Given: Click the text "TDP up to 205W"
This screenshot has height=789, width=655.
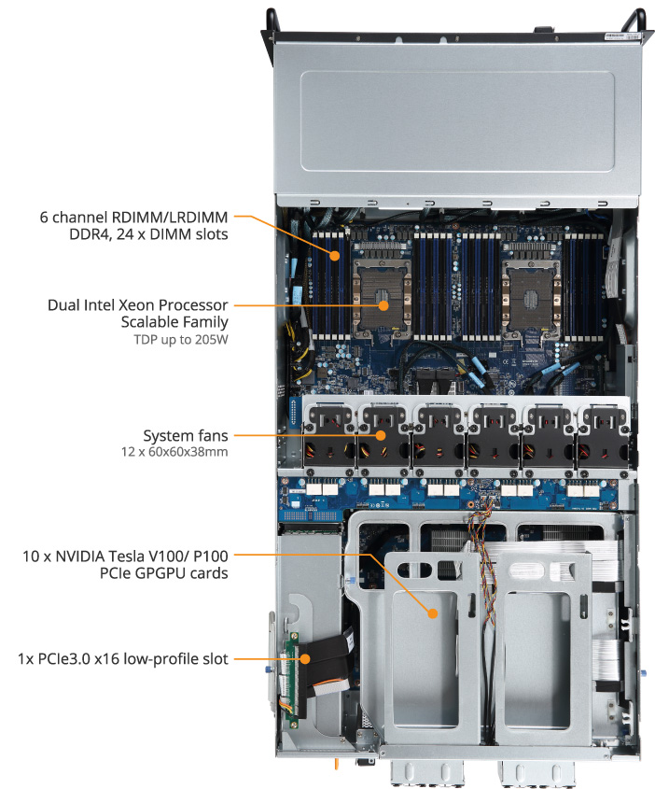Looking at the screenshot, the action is tap(181, 340).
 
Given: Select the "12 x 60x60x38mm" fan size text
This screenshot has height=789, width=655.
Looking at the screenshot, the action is tap(174, 451).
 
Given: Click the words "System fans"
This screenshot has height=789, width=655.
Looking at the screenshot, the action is tap(186, 435).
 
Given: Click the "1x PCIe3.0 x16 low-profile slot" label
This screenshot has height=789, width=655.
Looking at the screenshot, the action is tap(123, 658).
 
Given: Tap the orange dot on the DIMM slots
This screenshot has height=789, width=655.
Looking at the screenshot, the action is tap(335, 256).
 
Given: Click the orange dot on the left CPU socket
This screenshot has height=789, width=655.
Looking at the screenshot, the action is tap(383, 305).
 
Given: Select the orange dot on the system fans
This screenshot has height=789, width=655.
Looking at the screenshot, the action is tap(381, 435).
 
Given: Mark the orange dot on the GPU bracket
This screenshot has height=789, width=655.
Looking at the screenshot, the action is tap(433, 613).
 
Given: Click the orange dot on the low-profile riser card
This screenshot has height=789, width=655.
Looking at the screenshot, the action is tap(304, 658).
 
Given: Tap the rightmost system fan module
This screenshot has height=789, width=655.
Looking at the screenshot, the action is tap(603, 436).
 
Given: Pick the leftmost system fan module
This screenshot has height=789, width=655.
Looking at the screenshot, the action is tap(329, 436).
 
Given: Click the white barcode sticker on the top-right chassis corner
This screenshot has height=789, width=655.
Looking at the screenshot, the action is tap(621, 36).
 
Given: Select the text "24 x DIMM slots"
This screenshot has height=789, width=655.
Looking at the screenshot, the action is tap(172, 234).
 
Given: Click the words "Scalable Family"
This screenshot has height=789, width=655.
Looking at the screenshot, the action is tap(174, 322).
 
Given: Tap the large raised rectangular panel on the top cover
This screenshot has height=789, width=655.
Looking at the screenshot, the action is tap(457, 120).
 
